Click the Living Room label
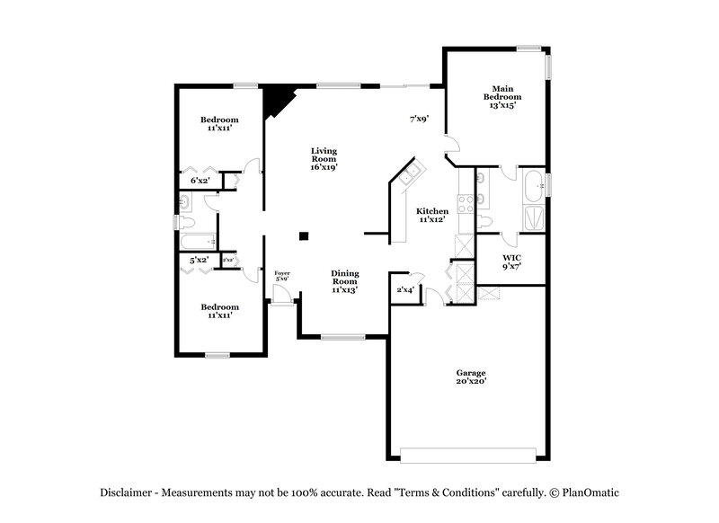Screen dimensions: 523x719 324,158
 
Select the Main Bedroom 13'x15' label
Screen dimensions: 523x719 502,97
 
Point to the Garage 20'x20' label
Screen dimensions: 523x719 470,377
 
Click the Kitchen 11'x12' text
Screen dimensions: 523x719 433,215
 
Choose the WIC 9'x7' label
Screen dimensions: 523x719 510,261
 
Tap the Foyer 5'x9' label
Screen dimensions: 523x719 281,276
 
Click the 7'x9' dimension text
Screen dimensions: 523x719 418,118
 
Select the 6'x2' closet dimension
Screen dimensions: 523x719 200,182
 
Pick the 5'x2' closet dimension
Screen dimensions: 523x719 199,261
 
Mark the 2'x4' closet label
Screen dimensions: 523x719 405,289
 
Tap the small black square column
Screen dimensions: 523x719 305,236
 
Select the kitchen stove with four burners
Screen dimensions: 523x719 466,203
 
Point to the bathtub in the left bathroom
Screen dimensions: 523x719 196,241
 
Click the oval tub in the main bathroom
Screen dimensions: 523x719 532,184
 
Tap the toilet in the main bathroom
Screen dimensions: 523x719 485,221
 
